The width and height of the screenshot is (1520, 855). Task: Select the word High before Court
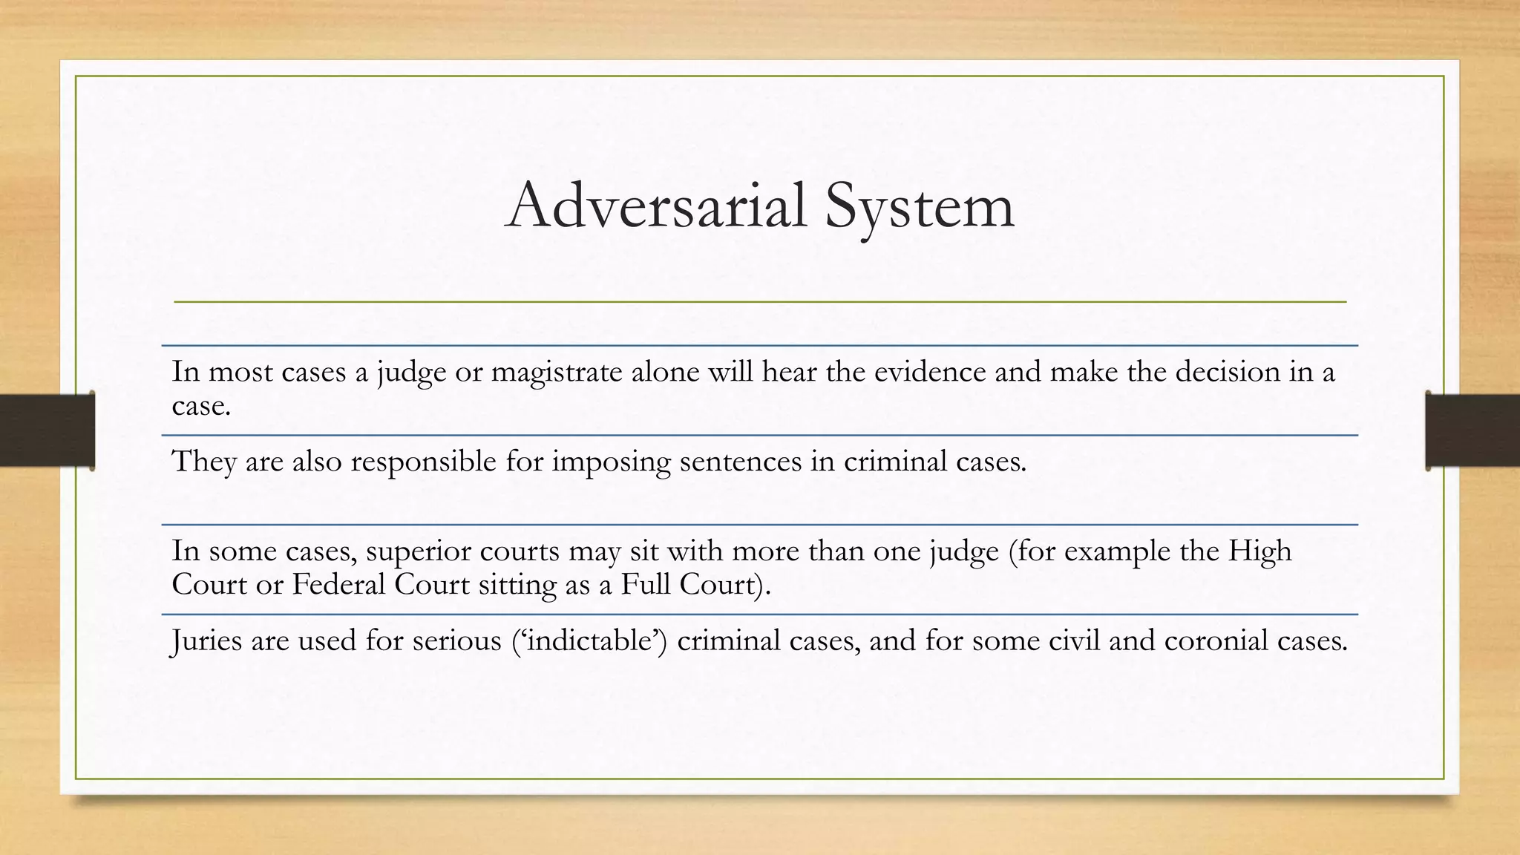coord(1259,551)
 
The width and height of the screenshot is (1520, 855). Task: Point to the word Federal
coord(338,584)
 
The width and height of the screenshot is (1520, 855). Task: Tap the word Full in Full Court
coord(646,584)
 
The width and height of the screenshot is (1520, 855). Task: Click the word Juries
coord(206,641)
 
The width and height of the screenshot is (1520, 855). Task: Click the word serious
coord(457,641)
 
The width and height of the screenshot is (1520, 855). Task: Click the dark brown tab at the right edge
coord(1472,430)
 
